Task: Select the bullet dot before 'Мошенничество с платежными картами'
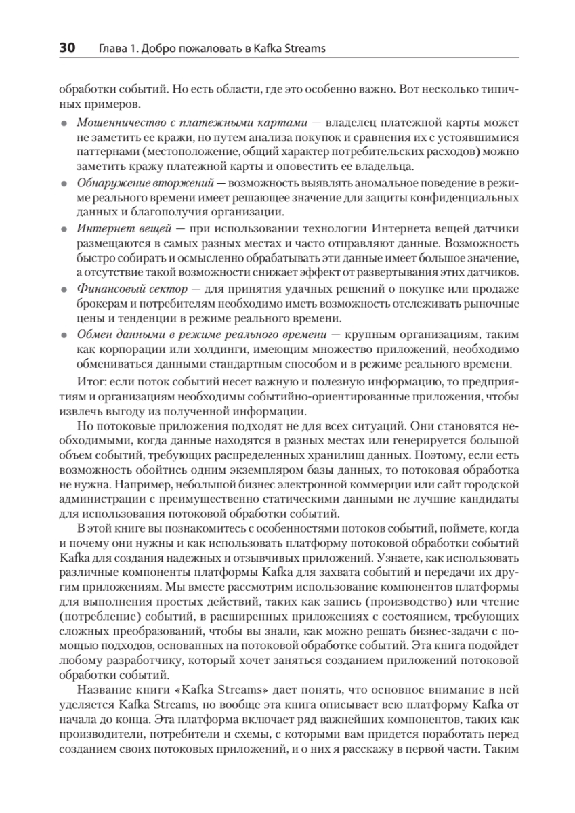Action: (64, 125)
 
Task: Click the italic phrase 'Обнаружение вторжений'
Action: (146, 183)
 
